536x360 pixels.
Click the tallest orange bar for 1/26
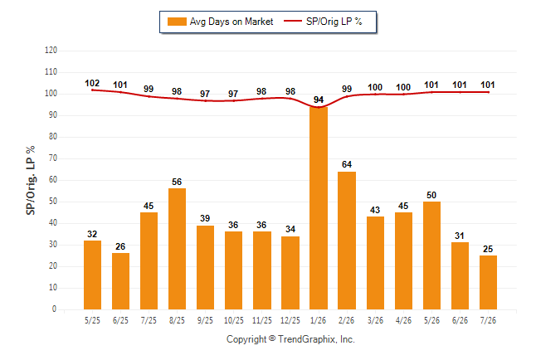(319, 208)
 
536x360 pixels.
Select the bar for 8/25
(177, 249)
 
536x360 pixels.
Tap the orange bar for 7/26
(488, 282)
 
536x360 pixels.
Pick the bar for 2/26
(347, 241)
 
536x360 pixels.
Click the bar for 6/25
(120, 281)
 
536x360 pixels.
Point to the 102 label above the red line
(92, 83)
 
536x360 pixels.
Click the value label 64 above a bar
(347, 164)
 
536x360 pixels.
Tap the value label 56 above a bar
(177, 182)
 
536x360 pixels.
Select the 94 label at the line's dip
(319, 100)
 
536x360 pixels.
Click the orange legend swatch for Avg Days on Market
(177, 22)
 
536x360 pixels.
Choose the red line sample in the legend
(293, 22)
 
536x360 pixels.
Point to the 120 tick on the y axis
(51, 51)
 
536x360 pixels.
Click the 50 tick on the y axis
(53, 202)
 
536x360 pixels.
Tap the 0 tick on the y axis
(55, 309)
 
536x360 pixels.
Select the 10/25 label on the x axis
(234, 320)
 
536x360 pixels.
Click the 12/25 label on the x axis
(290, 320)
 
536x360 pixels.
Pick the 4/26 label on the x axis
(403, 320)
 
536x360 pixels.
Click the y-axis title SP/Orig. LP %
(31, 180)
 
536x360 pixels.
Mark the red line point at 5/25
(92, 90)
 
